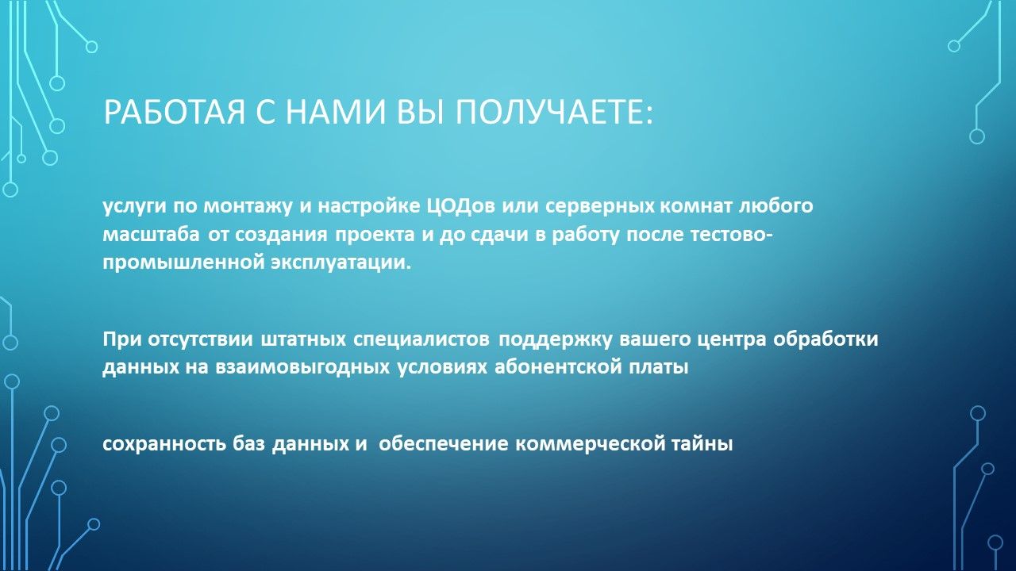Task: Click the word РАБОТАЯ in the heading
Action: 175,112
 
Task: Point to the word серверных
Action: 599,206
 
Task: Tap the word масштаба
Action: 151,234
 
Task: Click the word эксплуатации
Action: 341,263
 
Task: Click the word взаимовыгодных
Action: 302,367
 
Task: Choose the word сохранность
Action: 164,444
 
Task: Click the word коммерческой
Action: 589,444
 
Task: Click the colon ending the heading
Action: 648,114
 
